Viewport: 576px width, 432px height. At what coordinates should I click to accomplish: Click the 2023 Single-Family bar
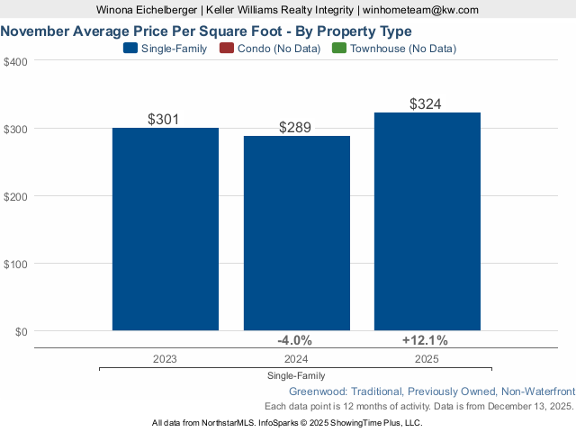(x=165, y=229)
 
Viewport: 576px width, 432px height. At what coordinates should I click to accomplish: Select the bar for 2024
(x=296, y=234)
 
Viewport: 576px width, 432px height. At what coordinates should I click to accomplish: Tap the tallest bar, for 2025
(x=427, y=221)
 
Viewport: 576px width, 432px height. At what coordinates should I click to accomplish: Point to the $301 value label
(x=165, y=119)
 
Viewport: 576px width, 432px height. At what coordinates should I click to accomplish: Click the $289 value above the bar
(x=296, y=128)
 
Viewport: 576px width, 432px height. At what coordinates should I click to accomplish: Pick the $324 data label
(x=427, y=104)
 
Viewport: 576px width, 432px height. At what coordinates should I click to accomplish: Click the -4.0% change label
(x=294, y=340)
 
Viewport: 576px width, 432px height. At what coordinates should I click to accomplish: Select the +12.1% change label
(x=425, y=340)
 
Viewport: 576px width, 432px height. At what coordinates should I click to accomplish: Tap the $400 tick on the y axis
(x=16, y=61)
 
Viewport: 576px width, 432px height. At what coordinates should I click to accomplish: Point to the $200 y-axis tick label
(x=16, y=196)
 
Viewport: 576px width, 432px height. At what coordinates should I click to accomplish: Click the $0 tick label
(x=21, y=331)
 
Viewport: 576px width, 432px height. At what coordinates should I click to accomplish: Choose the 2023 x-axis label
(x=165, y=358)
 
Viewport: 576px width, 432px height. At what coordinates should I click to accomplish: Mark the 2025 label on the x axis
(x=427, y=358)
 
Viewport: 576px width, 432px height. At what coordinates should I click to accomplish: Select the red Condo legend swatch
(x=226, y=49)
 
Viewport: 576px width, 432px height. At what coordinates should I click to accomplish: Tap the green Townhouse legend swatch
(x=339, y=49)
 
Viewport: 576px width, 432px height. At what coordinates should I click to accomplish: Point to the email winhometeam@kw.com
(x=421, y=10)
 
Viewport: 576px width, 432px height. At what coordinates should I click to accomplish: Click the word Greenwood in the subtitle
(x=319, y=391)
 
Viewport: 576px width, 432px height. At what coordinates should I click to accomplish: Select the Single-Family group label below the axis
(x=296, y=375)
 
